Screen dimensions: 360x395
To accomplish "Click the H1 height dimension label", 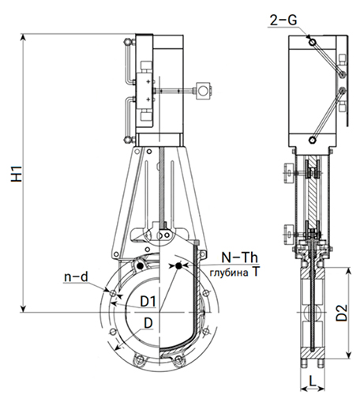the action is coord(17,173).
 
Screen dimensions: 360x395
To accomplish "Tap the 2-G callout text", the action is coord(283,20).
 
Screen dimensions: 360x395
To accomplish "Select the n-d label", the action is coord(76,277).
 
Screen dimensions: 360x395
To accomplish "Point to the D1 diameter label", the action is coord(148,301).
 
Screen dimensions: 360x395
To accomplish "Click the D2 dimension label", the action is coord(342,313).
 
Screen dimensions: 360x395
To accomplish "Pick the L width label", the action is coord(312,381).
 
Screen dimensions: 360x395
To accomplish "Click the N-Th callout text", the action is coord(239,257).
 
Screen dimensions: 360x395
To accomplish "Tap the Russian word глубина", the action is coord(229,273).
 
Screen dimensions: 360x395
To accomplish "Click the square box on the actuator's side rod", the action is coord(203,91).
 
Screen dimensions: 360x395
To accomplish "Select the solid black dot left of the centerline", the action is coord(141,266).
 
